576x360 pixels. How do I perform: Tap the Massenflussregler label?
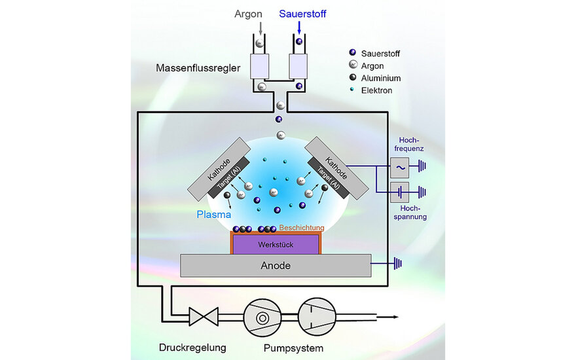198,67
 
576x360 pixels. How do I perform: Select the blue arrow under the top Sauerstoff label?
299,27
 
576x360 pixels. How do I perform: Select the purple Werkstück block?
276,244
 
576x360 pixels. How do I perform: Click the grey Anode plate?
276,266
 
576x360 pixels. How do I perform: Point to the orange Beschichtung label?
302,227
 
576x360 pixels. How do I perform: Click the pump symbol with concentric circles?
262,317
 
